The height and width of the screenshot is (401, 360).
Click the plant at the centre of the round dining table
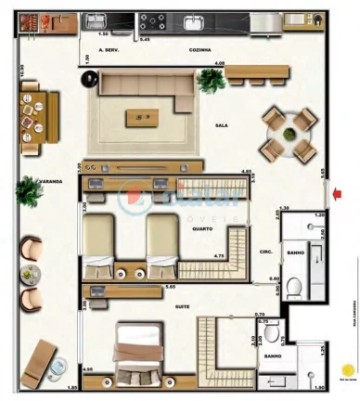pos(289,135)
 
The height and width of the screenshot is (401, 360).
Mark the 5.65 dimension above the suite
pos(170,288)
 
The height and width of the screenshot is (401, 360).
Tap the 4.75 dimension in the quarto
pos(219,255)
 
